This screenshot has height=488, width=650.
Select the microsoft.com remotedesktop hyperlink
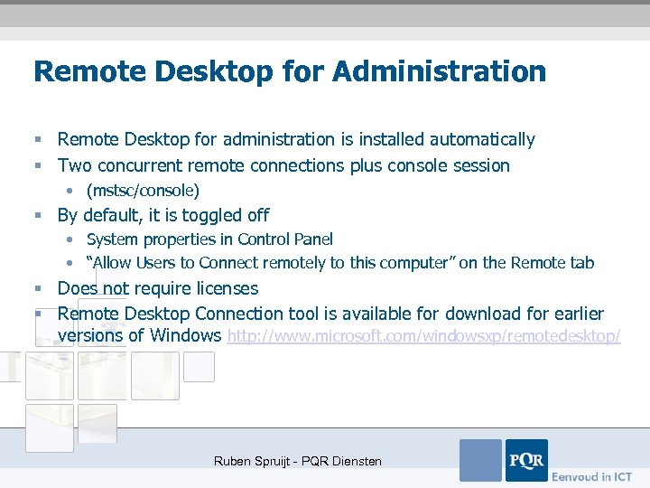pos(424,336)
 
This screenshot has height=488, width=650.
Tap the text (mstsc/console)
pos(143,191)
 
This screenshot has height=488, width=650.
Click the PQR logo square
pos(526,460)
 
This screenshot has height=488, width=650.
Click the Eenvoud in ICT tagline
pos(592,476)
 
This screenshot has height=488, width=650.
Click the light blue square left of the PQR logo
pos(480,460)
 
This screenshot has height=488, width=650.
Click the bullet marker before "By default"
pos(39,216)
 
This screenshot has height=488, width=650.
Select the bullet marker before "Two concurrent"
pos(39,166)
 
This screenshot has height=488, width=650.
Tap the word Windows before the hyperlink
pos(186,336)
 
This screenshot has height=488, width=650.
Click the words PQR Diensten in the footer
pos(346,461)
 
